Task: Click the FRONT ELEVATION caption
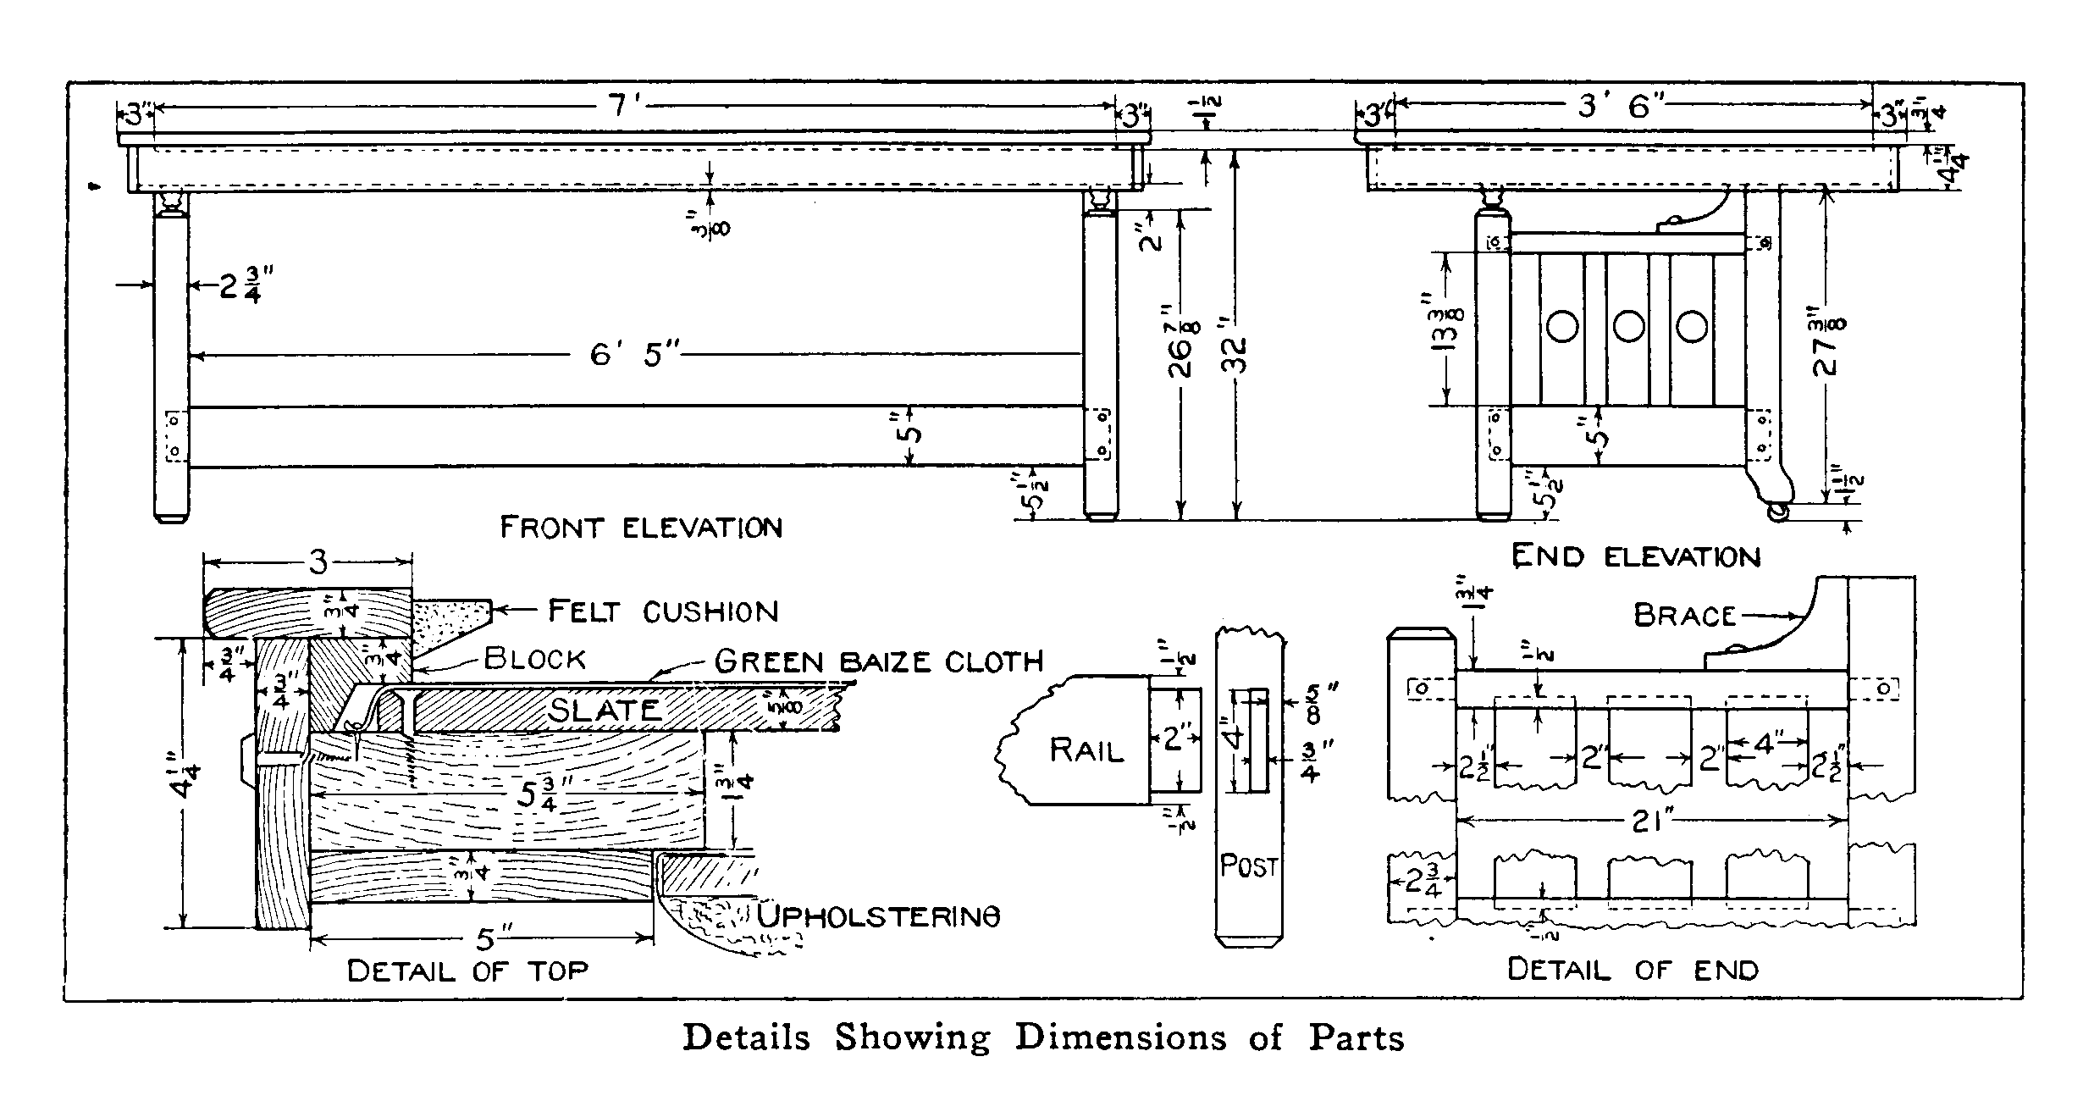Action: tap(641, 528)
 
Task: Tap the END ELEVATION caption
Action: tap(1636, 556)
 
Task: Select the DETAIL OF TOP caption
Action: tap(467, 971)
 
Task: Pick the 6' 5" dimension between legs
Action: tap(635, 356)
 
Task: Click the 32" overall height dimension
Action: tap(1237, 356)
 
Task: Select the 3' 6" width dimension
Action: tap(1622, 108)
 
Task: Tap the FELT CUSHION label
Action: tap(663, 611)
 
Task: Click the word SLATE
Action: tap(604, 710)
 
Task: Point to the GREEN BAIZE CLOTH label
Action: tap(879, 661)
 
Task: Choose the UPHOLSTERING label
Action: tap(879, 916)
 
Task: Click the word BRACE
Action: tap(1684, 616)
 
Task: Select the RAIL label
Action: tap(1086, 750)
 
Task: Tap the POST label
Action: tap(1248, 866)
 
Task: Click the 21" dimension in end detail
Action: tap(1649, 821)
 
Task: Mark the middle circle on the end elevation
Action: tap(1628, 326)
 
